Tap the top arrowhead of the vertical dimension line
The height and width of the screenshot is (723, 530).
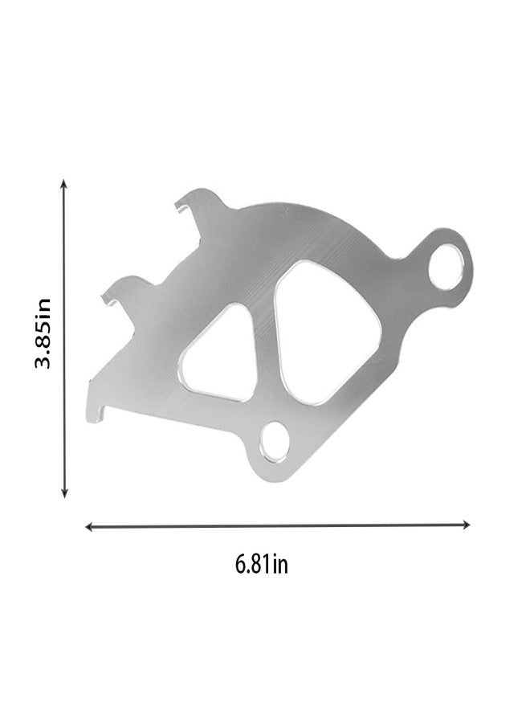pos(64,183)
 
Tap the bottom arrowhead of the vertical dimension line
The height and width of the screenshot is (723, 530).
pos(64,493)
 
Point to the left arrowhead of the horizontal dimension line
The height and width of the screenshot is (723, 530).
pos(89,526)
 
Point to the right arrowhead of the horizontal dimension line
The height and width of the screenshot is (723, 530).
pos(467,525)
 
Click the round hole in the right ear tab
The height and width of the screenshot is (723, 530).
pos(446,267)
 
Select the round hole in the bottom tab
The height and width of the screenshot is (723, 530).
pos(275,441)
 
